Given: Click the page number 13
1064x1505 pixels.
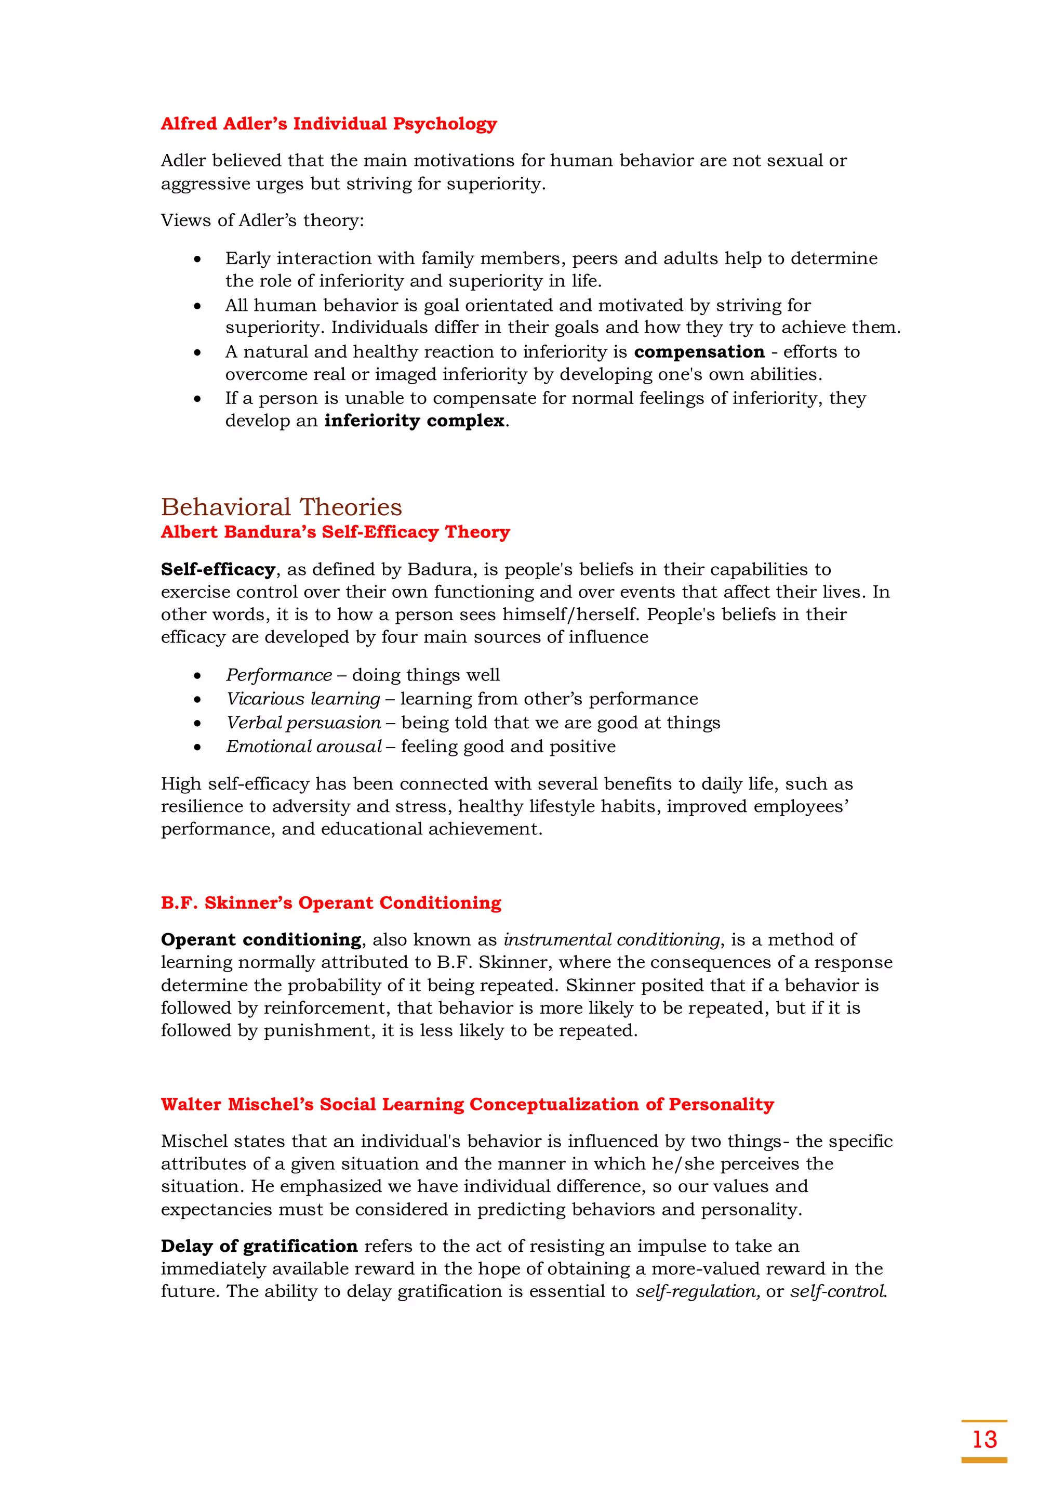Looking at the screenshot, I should (x=984, y=1439).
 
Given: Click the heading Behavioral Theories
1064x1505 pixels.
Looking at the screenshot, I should (x=281, y=507).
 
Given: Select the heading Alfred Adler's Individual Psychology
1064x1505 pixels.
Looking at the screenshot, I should (x=328, y=123).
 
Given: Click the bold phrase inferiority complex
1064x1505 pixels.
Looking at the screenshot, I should (x=414, y=420).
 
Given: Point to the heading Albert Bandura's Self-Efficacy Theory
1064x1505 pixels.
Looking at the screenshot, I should (x=335, y=532).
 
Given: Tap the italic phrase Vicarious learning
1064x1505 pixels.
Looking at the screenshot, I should (x=303, y=699).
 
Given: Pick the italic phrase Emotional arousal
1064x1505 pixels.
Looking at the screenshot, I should (x=303, y=746).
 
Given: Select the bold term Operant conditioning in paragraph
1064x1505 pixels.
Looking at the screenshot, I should (x=261, y=939).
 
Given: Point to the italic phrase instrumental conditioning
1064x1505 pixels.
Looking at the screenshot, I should (x=611, y=939).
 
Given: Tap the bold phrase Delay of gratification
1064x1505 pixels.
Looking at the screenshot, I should (x=259, y=1246).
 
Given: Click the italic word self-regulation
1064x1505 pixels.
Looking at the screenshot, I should (x=697, y=1291).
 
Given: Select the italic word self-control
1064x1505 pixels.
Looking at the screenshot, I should (x=837, y=1291).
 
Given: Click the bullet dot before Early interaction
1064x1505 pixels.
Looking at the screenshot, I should (x=197, y=259).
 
